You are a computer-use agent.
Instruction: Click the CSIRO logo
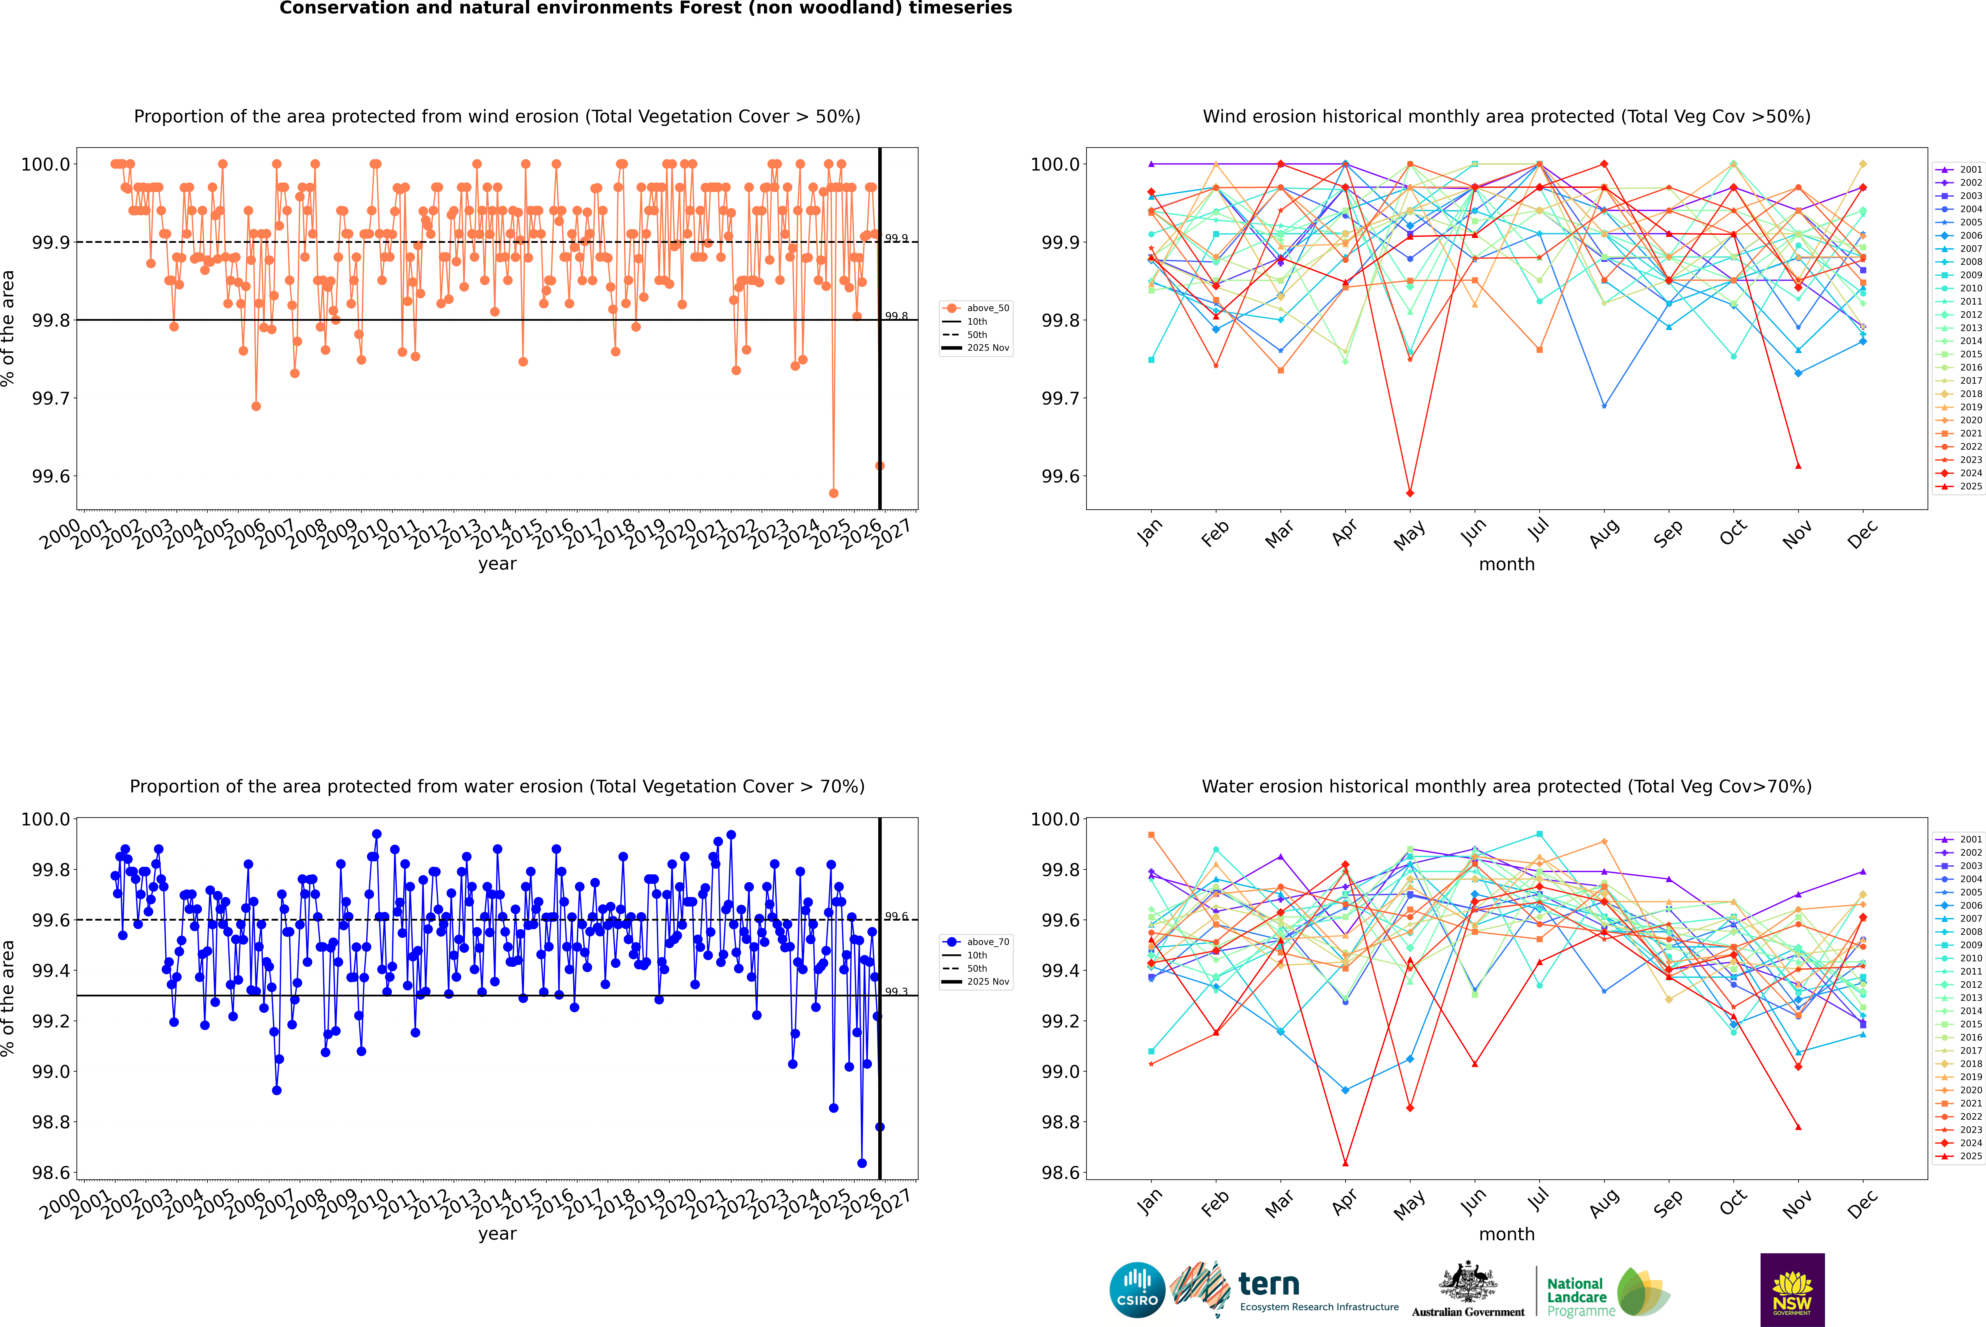(x=1137, y=1290)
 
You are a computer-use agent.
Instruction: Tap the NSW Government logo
(x=1792, y=1290)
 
